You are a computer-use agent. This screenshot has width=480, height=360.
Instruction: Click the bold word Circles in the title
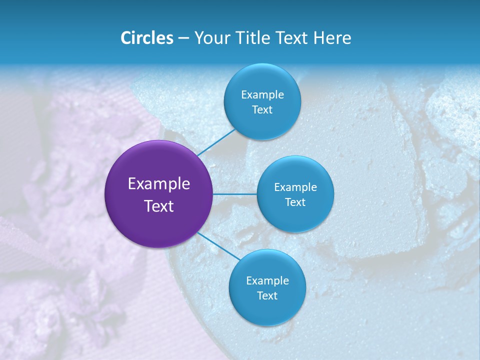(147, 38)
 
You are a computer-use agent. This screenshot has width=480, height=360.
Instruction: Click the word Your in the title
(210, 38)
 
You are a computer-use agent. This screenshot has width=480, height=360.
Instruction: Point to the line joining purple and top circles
(216, 142)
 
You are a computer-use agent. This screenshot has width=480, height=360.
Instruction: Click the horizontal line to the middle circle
(234, 194)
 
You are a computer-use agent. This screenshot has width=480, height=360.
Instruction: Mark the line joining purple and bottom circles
(218, 245)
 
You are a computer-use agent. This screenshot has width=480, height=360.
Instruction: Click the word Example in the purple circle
(159, 184)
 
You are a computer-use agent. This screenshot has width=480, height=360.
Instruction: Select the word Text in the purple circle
(159, 206)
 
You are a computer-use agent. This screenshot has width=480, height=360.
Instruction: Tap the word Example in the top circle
(262, 95)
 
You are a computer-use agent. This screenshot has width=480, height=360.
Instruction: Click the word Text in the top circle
(262, 110)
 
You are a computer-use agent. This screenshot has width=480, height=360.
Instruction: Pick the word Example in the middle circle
(295, 187)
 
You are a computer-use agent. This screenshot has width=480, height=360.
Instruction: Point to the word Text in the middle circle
(295, 202)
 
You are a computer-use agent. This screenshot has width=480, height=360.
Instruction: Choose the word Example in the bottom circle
(267, 281)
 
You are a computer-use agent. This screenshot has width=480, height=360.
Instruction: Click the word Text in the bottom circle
(267, 296)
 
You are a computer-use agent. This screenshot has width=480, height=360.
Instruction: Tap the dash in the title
(183, 38)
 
